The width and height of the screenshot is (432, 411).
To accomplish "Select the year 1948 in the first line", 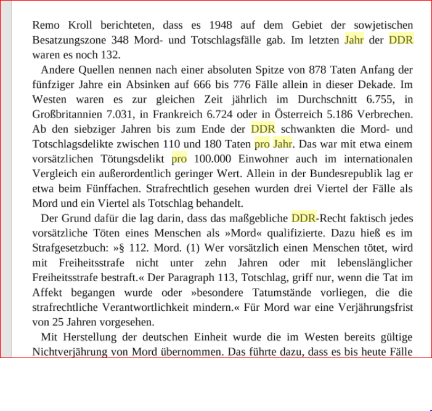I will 221,25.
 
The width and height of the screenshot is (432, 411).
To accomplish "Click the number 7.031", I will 126,114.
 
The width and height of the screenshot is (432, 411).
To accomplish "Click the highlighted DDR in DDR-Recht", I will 303,218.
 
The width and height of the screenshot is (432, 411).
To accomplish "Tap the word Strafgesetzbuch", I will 68,248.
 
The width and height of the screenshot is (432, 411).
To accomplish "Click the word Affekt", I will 47,292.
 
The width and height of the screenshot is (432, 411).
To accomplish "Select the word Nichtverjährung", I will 70,352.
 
